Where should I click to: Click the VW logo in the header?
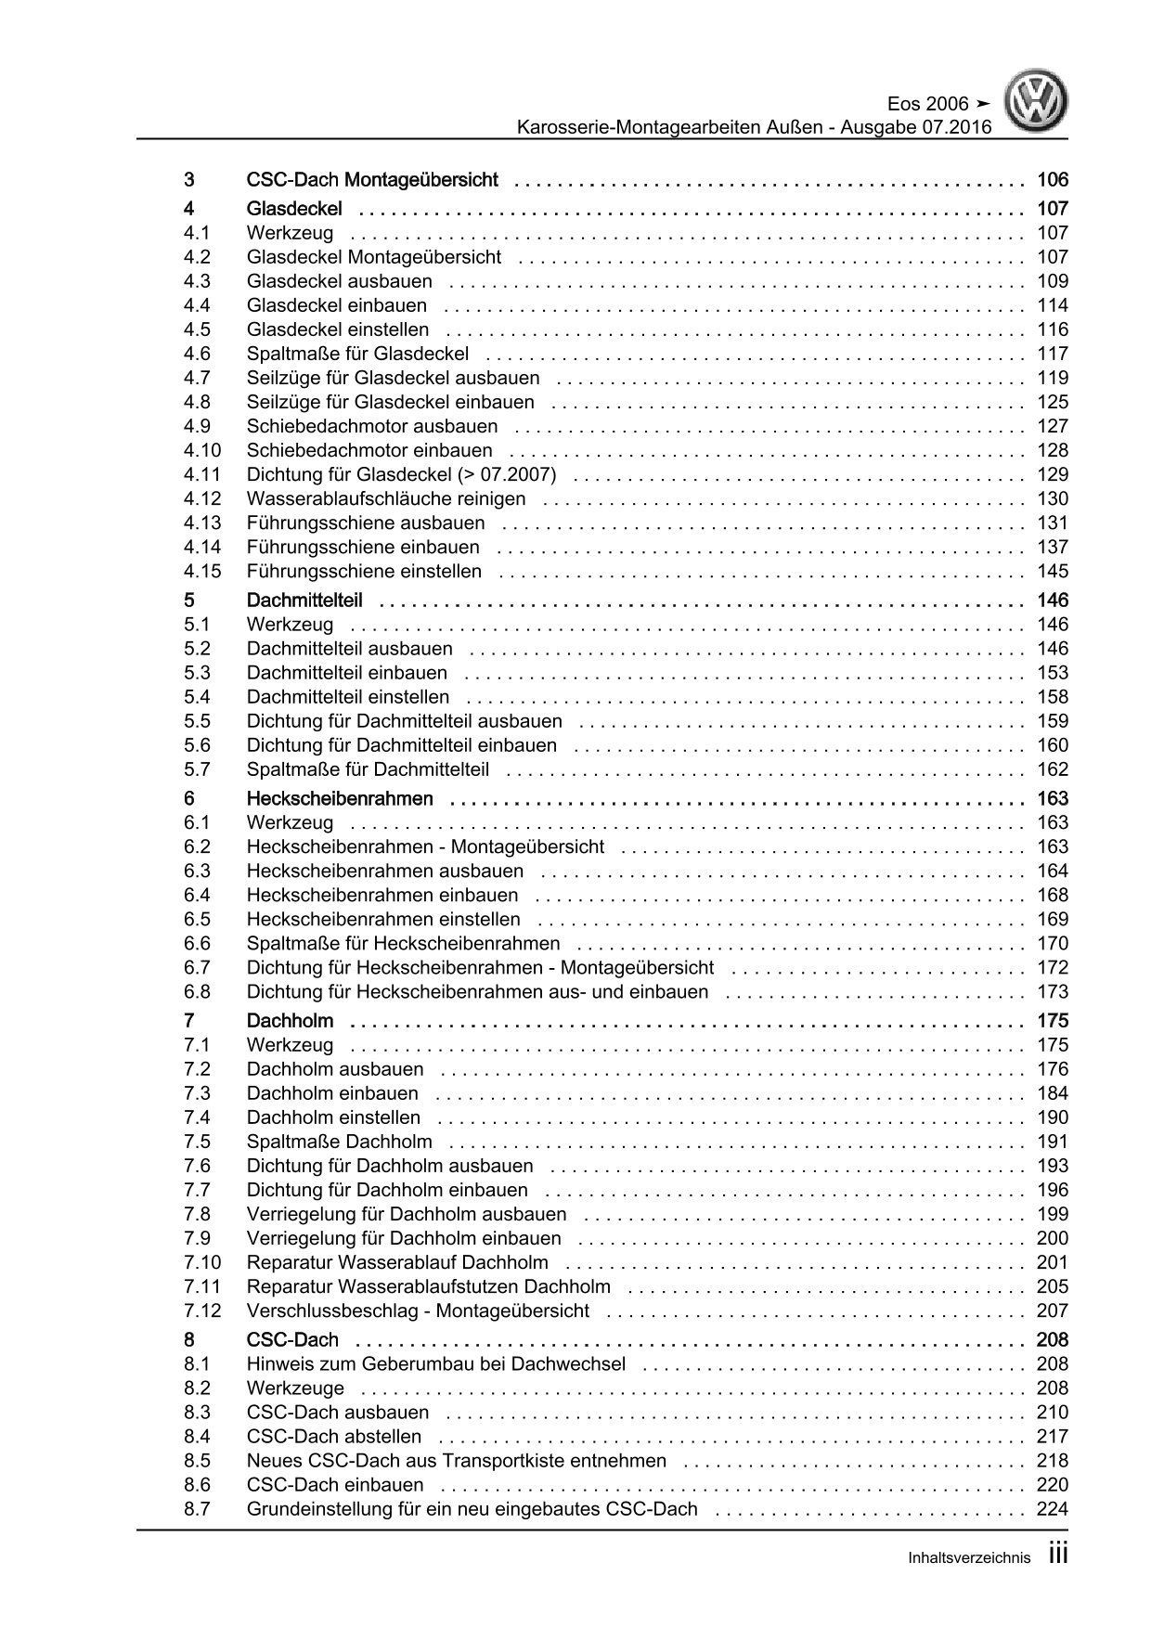point(1040,103)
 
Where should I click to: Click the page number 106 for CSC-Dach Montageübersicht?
point(1053,180)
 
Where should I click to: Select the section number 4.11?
point(202,474)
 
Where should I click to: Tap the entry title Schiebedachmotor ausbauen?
point(371,426)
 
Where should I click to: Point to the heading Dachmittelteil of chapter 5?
point(304,600)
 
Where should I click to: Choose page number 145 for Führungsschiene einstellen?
point(1053,571)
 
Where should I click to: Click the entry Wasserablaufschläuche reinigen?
point(386,498)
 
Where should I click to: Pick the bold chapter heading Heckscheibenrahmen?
point(340,799)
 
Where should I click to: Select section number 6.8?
point(197,991)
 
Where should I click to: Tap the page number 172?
point(1053,967)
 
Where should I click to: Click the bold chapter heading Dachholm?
point(290,1022)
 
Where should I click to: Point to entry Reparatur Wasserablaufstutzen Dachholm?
point(428,1286)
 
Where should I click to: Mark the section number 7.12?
point(202,1311)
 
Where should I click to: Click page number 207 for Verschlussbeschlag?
point(1053,1311)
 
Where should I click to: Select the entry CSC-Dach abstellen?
point(333,1437)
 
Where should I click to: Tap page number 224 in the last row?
point(1053,1509)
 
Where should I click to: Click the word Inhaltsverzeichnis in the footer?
point(969,1558)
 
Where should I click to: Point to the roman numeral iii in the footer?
point(1058,1555)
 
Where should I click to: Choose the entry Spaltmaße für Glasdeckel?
point(357,354)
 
